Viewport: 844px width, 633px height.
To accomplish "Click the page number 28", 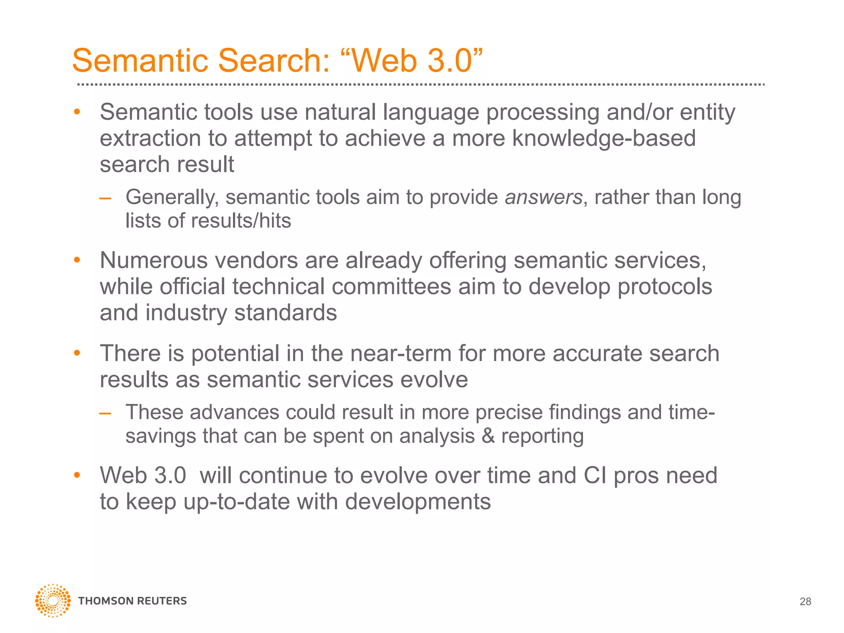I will click(805, 602).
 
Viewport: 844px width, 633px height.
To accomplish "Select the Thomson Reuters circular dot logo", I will click(53, 600).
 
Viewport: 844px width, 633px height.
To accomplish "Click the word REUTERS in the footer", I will click(162, 601).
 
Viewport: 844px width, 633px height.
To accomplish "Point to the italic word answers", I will click(543, 197).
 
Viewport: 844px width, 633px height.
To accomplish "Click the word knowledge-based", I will click(603, 138).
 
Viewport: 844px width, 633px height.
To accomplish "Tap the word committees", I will click(391, 286).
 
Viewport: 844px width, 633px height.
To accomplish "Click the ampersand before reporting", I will click(488, 436).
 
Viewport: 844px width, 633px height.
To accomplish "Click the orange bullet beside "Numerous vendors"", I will click(77, 260).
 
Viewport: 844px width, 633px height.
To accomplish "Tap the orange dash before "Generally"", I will click(105, 198).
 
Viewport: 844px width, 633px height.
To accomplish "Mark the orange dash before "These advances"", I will click(105, 413).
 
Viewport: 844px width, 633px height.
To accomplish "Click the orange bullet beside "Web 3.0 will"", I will click(77, 475).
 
